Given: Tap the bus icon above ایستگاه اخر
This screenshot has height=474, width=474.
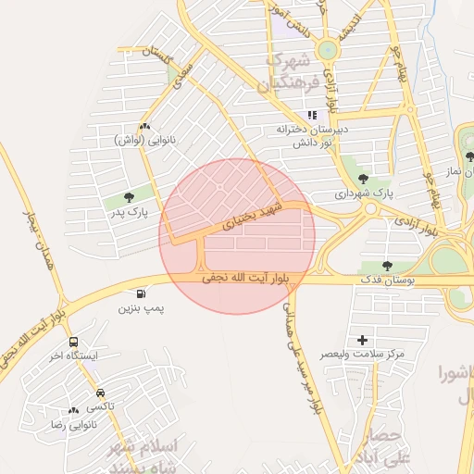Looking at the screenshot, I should pos(73,341).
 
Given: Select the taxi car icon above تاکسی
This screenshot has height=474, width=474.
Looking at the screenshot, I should pos(99,393).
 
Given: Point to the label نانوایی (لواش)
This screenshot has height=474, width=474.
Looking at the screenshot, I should pos(144,139).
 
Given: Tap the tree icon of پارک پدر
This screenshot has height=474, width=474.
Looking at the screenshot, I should pos(128,197).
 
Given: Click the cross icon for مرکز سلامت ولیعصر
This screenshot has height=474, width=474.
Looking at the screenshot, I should pos(362,340).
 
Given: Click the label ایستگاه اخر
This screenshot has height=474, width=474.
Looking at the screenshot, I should pos(69,355).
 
